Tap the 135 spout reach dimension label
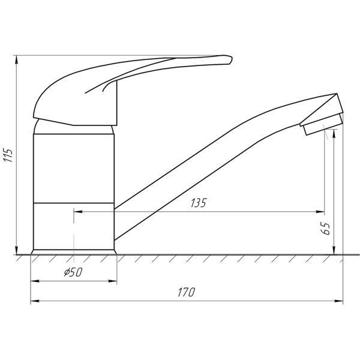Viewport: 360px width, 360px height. (199, 203)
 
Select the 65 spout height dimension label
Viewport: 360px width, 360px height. (326, 229)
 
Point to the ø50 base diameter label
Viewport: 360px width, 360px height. (73, 272)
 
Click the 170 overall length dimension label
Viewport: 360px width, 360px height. (186, 292)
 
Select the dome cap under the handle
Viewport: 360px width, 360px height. (73, 127)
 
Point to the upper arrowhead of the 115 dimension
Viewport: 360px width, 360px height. (17, 59)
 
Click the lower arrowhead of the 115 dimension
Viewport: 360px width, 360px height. (17, 250)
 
